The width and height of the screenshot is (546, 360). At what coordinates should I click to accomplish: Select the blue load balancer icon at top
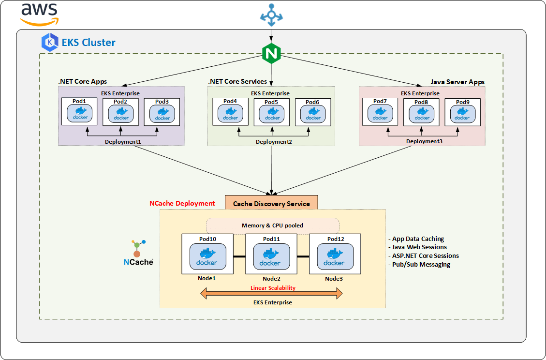pos(271,15)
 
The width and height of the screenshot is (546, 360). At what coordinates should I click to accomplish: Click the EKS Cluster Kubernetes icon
pos(50,42)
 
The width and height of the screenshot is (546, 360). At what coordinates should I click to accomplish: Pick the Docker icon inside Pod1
pos(79,114)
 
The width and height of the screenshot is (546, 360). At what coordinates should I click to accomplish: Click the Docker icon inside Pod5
pos(272,114)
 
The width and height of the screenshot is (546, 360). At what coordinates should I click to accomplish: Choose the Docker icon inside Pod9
pos(462,114)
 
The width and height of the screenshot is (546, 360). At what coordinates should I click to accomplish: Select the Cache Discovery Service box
pos(271,203)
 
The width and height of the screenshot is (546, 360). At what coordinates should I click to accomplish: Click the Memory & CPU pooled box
pos(273,225)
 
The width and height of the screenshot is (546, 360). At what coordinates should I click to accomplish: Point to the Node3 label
pos(334,278)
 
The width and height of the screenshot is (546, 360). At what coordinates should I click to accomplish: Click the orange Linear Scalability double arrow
pos(272,293)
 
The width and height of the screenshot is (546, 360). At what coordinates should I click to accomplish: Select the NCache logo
pos(138,253)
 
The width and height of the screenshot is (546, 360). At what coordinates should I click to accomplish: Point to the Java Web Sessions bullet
pos(419,247)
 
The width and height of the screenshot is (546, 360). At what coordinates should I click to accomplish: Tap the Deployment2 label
pos(272,142)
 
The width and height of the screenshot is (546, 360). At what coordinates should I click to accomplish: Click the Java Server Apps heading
pos(457,82)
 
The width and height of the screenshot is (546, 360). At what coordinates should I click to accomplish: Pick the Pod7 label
pos(380,102)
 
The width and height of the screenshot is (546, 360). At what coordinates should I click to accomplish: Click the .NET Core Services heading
pos(237,81)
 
